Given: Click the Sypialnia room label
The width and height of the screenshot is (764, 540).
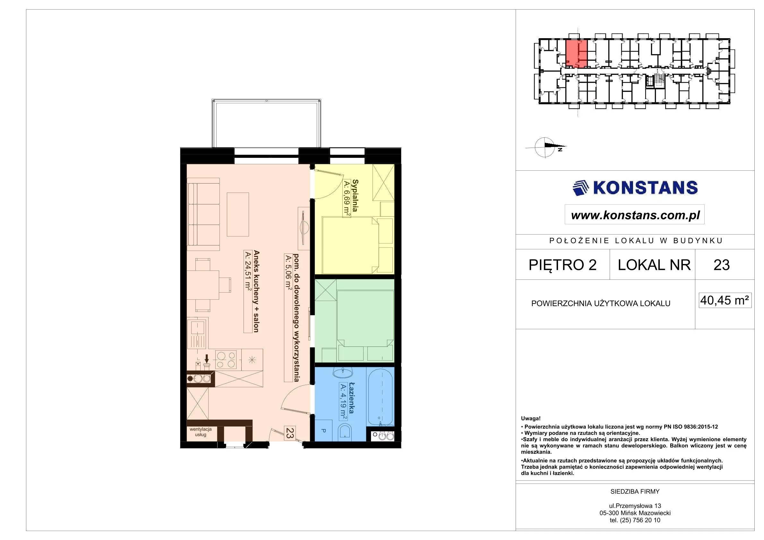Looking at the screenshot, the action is point(355,196).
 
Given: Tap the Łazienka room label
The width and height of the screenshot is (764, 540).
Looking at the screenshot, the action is point(351,398).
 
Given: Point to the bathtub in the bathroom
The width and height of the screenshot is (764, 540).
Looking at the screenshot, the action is point(380,396).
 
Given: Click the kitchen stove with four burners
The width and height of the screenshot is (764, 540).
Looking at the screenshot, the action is point(226,360).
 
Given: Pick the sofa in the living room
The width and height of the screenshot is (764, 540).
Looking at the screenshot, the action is point(204,214).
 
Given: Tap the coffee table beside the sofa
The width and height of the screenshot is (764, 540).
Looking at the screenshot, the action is point(238,214).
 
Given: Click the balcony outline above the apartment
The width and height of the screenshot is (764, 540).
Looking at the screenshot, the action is point(267,124).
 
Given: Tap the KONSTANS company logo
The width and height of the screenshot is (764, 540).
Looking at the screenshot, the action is point(635,188).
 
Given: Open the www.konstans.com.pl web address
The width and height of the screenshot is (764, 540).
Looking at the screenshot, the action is point(635,215).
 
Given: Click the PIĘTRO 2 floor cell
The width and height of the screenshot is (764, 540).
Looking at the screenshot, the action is point(563,265).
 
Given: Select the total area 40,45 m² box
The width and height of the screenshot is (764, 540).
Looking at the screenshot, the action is point(725,300).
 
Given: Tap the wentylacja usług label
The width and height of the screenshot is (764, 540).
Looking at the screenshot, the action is point(201,432).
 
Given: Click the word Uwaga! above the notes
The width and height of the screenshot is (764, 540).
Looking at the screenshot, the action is point(531,419).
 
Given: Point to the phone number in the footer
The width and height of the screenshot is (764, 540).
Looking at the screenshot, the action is point(635,520).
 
